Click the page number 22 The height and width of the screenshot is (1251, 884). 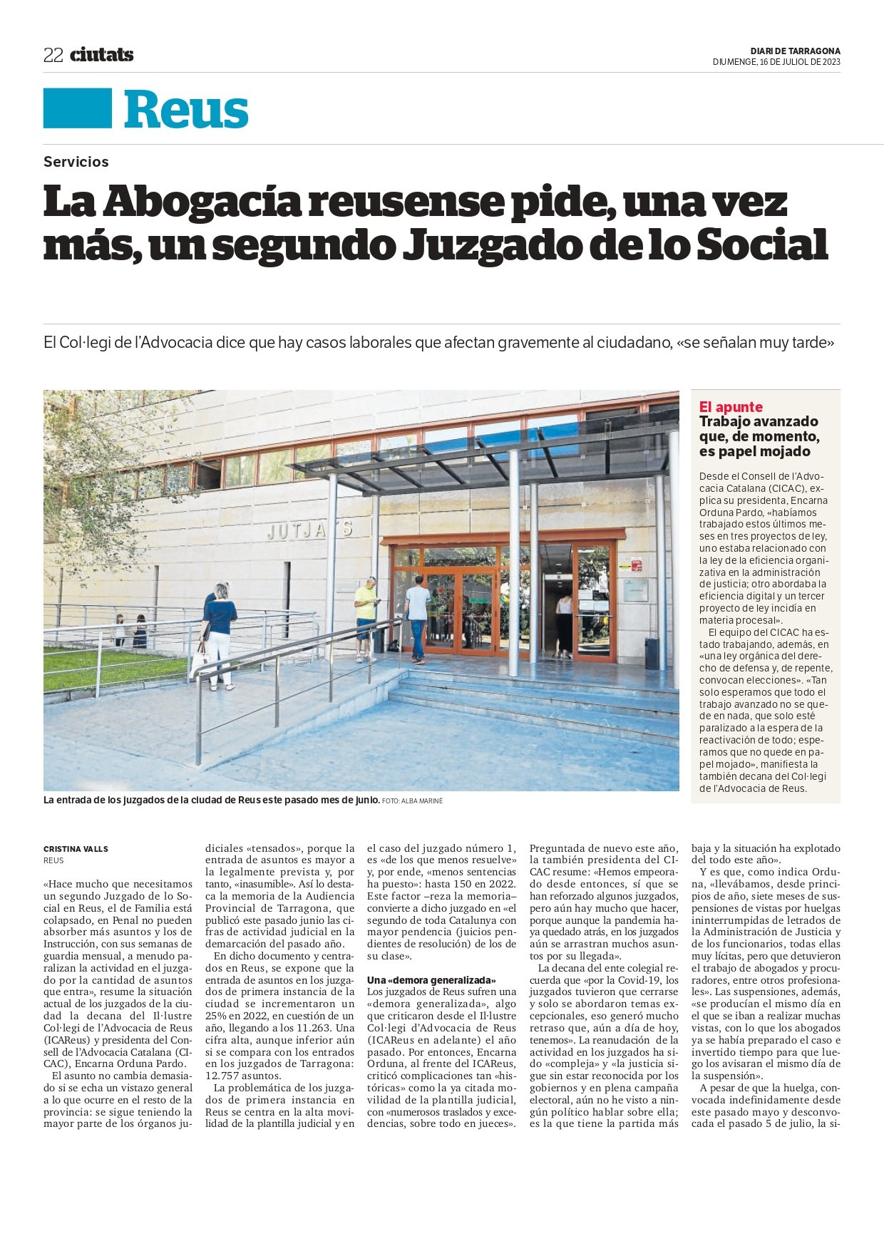point(53,56)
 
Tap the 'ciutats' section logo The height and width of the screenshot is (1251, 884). point(101,55)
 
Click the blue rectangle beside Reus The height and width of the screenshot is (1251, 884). point(78,108)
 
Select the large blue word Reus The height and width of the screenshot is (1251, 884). point(186,110)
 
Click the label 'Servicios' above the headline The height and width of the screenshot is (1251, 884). point(76,162)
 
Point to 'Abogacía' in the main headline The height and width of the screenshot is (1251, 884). point(202,202)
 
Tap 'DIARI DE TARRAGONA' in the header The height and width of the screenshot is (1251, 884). point(795,51)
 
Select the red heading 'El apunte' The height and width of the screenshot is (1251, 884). point(731,407)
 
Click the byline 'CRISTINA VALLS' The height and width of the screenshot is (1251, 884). point(76,849)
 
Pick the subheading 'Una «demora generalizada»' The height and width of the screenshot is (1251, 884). point(431,981)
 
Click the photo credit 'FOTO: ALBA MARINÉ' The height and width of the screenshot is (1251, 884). point(412,801)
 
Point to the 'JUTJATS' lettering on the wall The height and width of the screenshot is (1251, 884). point(310,530)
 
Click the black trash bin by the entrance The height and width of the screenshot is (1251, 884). point(651,653)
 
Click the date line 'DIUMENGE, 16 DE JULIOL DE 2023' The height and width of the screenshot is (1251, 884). point(776,62)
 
